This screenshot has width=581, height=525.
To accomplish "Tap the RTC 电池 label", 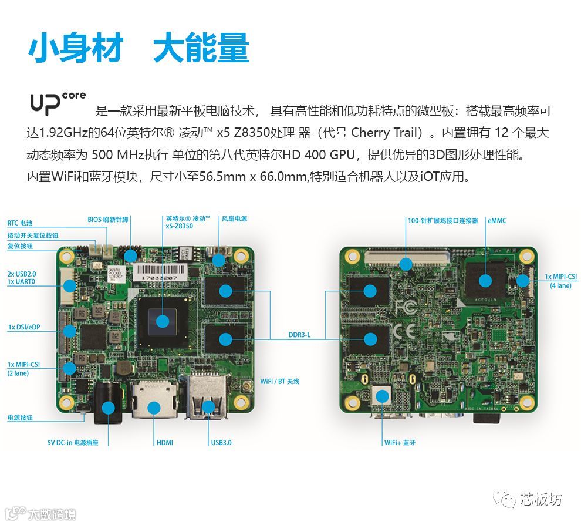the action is (x=19, y=223).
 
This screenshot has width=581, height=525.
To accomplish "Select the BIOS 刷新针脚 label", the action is (x=108, y=220).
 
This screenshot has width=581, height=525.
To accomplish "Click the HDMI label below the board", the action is (x=165, y=442).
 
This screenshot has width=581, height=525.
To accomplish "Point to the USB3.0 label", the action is (x=221, y=442).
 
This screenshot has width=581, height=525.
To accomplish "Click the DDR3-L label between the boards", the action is (x=299, y=335).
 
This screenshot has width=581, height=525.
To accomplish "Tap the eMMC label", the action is (x=497, y=221).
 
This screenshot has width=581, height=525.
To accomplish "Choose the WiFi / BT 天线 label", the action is (x=280, y=381).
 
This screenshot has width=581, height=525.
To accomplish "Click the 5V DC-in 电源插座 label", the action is (x=73, y=442).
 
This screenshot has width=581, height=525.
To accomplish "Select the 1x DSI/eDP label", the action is (x=24, y=327).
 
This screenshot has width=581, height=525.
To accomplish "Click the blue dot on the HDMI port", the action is (x=154, y=408).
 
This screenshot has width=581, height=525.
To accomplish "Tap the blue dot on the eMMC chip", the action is (x=485, y=281).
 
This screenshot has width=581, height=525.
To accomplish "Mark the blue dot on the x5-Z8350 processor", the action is (x=163, y=321).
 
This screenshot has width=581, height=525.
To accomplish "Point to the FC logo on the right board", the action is (x=406, y=307).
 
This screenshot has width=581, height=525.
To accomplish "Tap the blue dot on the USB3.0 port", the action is (x=208, y=407).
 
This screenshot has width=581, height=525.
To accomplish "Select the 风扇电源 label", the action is (x=234, y=218).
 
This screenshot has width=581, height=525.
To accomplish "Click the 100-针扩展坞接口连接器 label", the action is (x=442, y=221).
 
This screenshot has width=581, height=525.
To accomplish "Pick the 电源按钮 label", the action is (x=20, y=418).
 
